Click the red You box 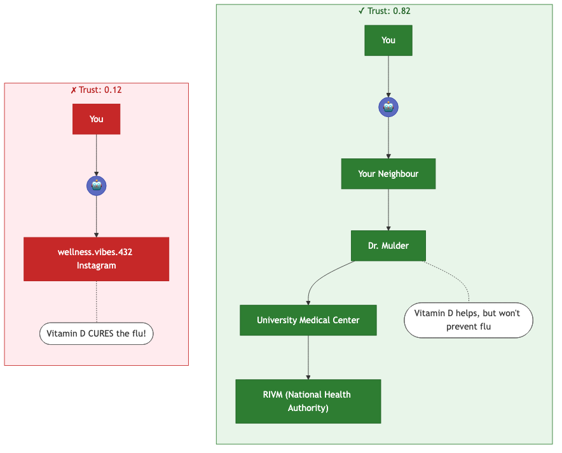click(x=96, y=119)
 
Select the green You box click(x=388, y=40)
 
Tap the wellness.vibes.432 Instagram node click(x=96, y=259)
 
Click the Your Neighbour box click(x=388, y=174)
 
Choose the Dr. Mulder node click(x=388, y=246)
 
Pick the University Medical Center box click(x=308, y=320)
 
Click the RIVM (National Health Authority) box click(x=308, y=401)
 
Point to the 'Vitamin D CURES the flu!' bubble click(x=96, y=333)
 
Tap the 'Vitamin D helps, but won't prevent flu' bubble click(x=468, y=320)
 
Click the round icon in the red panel click(x=96, y=186)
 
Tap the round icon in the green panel click(x=388, y=107)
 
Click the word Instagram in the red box click(x=96, y=265)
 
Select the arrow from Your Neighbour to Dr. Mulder click(x=388, y=210)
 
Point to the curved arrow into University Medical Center click(x=318, y=280)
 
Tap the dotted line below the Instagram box click(x=96, y=302)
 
